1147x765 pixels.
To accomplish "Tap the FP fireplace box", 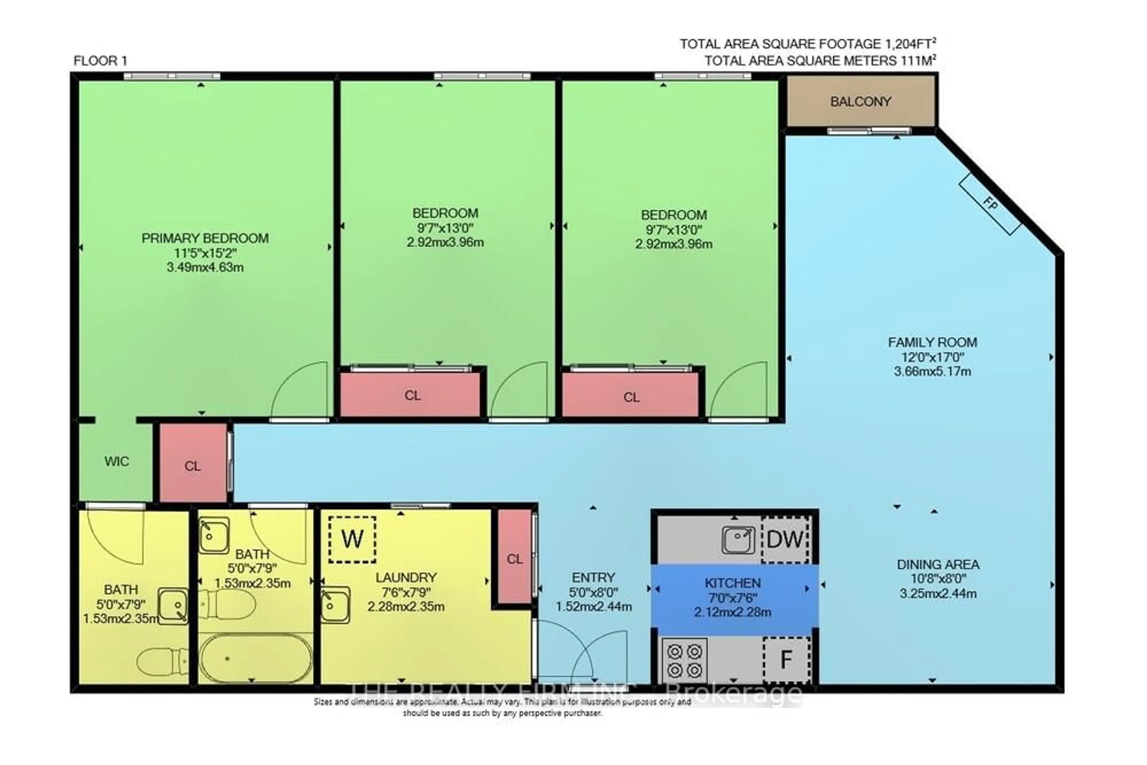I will [990, 204].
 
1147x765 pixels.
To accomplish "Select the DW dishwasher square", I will [785, 539].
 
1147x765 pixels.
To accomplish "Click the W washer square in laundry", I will [352, 539].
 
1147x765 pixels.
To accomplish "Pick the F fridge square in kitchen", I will [786, 660].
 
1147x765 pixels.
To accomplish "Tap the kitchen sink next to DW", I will [738, 539].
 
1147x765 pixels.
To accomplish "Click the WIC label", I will [116, 462].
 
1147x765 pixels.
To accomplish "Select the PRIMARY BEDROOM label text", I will [205, 238].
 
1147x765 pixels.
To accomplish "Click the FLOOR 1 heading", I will [100, 61].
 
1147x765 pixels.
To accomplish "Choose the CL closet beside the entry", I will [514, 559].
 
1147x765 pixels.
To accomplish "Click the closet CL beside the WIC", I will [193, 466].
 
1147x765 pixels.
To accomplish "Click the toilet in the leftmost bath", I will [161, 661].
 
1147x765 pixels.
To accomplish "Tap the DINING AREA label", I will [938, 565].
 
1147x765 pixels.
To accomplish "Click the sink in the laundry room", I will [335, 605].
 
